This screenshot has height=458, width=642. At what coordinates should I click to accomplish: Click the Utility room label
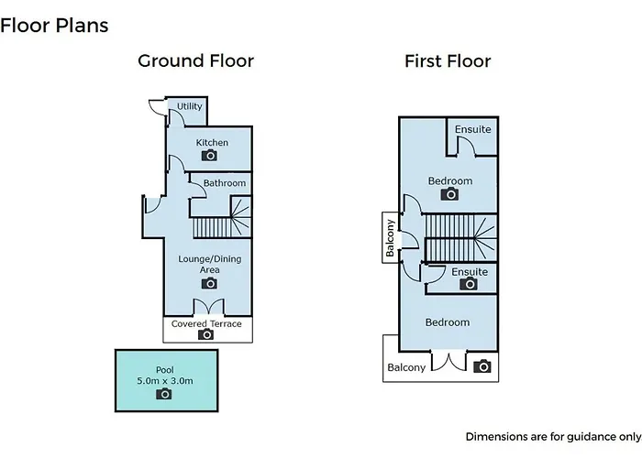(189, 106)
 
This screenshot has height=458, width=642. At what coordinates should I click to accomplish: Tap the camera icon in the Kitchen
(209, 156)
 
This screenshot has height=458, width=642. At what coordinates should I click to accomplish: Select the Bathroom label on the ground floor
(225, 183)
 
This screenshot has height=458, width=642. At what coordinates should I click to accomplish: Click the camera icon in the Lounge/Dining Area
(209, 283)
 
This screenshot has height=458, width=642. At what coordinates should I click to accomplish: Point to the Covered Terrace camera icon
(206, 334)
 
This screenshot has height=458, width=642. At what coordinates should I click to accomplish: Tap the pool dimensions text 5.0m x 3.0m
(165, 381)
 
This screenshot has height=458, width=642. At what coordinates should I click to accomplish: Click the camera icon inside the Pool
(164, 394)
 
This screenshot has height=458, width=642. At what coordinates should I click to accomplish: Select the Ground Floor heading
(195, 61)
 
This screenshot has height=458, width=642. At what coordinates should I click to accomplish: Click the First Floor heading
(448, 61)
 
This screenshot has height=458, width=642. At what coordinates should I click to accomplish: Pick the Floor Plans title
(54, 26)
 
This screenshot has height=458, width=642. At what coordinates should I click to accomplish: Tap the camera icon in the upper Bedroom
(449, 194)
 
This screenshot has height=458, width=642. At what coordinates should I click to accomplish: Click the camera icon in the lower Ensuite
(469, 283)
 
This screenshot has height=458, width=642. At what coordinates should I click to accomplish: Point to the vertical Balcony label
(390, 238)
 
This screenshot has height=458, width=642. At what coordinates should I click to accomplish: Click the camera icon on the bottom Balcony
(482, 366)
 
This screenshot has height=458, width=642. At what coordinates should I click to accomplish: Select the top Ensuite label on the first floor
(473, 129)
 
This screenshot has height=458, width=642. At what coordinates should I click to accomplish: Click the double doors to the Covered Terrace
(208, 307)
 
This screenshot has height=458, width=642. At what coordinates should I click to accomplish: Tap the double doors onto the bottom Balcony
(448, 362)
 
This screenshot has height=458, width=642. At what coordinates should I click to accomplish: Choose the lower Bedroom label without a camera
(448, 322)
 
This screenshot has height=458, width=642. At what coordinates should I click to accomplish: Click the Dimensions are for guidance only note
(554, 437)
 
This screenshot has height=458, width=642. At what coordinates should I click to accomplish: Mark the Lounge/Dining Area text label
(210, 264)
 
